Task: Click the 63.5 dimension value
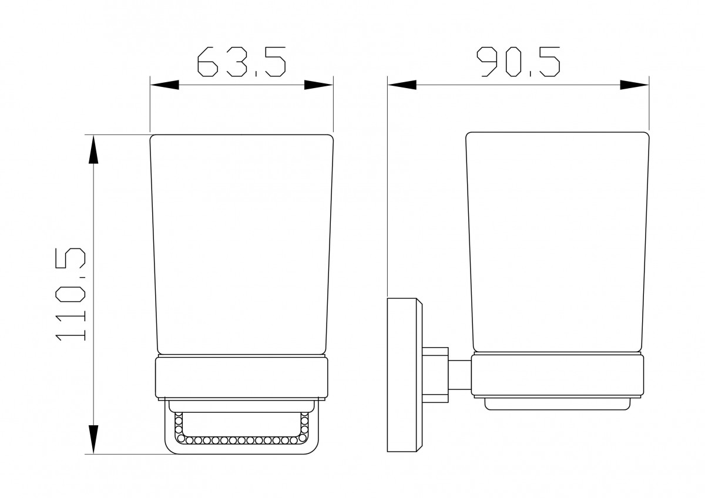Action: point(241,62)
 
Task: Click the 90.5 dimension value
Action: point(518,62)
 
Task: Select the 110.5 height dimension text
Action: point(70,294)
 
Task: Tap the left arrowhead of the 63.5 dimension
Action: point(164,85)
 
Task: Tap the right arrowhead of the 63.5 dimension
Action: point(318,85)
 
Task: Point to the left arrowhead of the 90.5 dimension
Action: point(402,85)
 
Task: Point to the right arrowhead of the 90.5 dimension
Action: point(634,85)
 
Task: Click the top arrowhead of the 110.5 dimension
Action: point(93,149)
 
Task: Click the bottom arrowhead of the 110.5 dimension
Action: point(93,439)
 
